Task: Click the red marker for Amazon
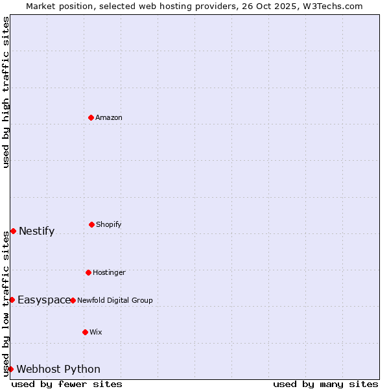point(91,117)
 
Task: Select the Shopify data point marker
point(91,224)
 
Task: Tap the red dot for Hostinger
point(88,272)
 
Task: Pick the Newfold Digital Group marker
point(73,300)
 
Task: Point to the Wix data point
point(85,332)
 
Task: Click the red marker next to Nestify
point(13,231)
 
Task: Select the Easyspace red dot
point(12,300)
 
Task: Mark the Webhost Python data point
point(10,369)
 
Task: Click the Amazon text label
point(109,117)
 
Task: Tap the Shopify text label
point(109,224)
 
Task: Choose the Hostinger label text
point(109,272)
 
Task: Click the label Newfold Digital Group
point(115,300)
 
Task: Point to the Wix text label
point(96,332)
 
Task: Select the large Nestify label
point(37,231)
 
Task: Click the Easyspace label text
point(44,300)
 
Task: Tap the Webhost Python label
point(58,370)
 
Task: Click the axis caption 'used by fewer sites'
point(67,384)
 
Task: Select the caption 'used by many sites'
point(325,384)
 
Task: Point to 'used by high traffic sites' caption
point(6,93)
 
